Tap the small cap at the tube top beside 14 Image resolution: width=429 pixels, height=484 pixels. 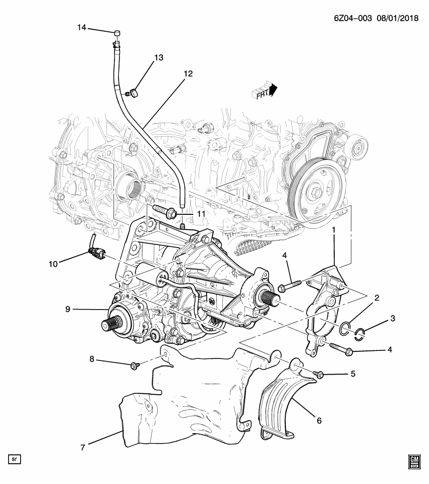tap(117, 33)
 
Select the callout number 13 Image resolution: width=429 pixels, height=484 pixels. tap(159, 58)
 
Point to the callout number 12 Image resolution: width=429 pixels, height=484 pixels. tap(188, 74)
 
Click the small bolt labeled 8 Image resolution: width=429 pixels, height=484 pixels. tap(135, 365)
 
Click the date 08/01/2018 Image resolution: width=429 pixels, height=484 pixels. tap(397, 18)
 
